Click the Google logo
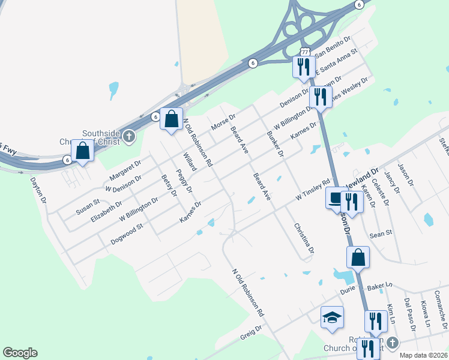pyautogui.click(x=20, y=353)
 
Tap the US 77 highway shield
pyautogui.click(x=305, y=52)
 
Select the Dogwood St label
pyautogui.click(x=126, y=234)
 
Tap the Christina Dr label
pyautogui.click(x=304, y=239)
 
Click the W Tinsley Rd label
pyautogui.click(x=313, y=190)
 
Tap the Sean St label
pyautogui.click(x=381, y=232)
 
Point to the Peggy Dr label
pyautogui.click(x=184, y=181)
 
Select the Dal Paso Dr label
pyautogui.click(x=410, y=314)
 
